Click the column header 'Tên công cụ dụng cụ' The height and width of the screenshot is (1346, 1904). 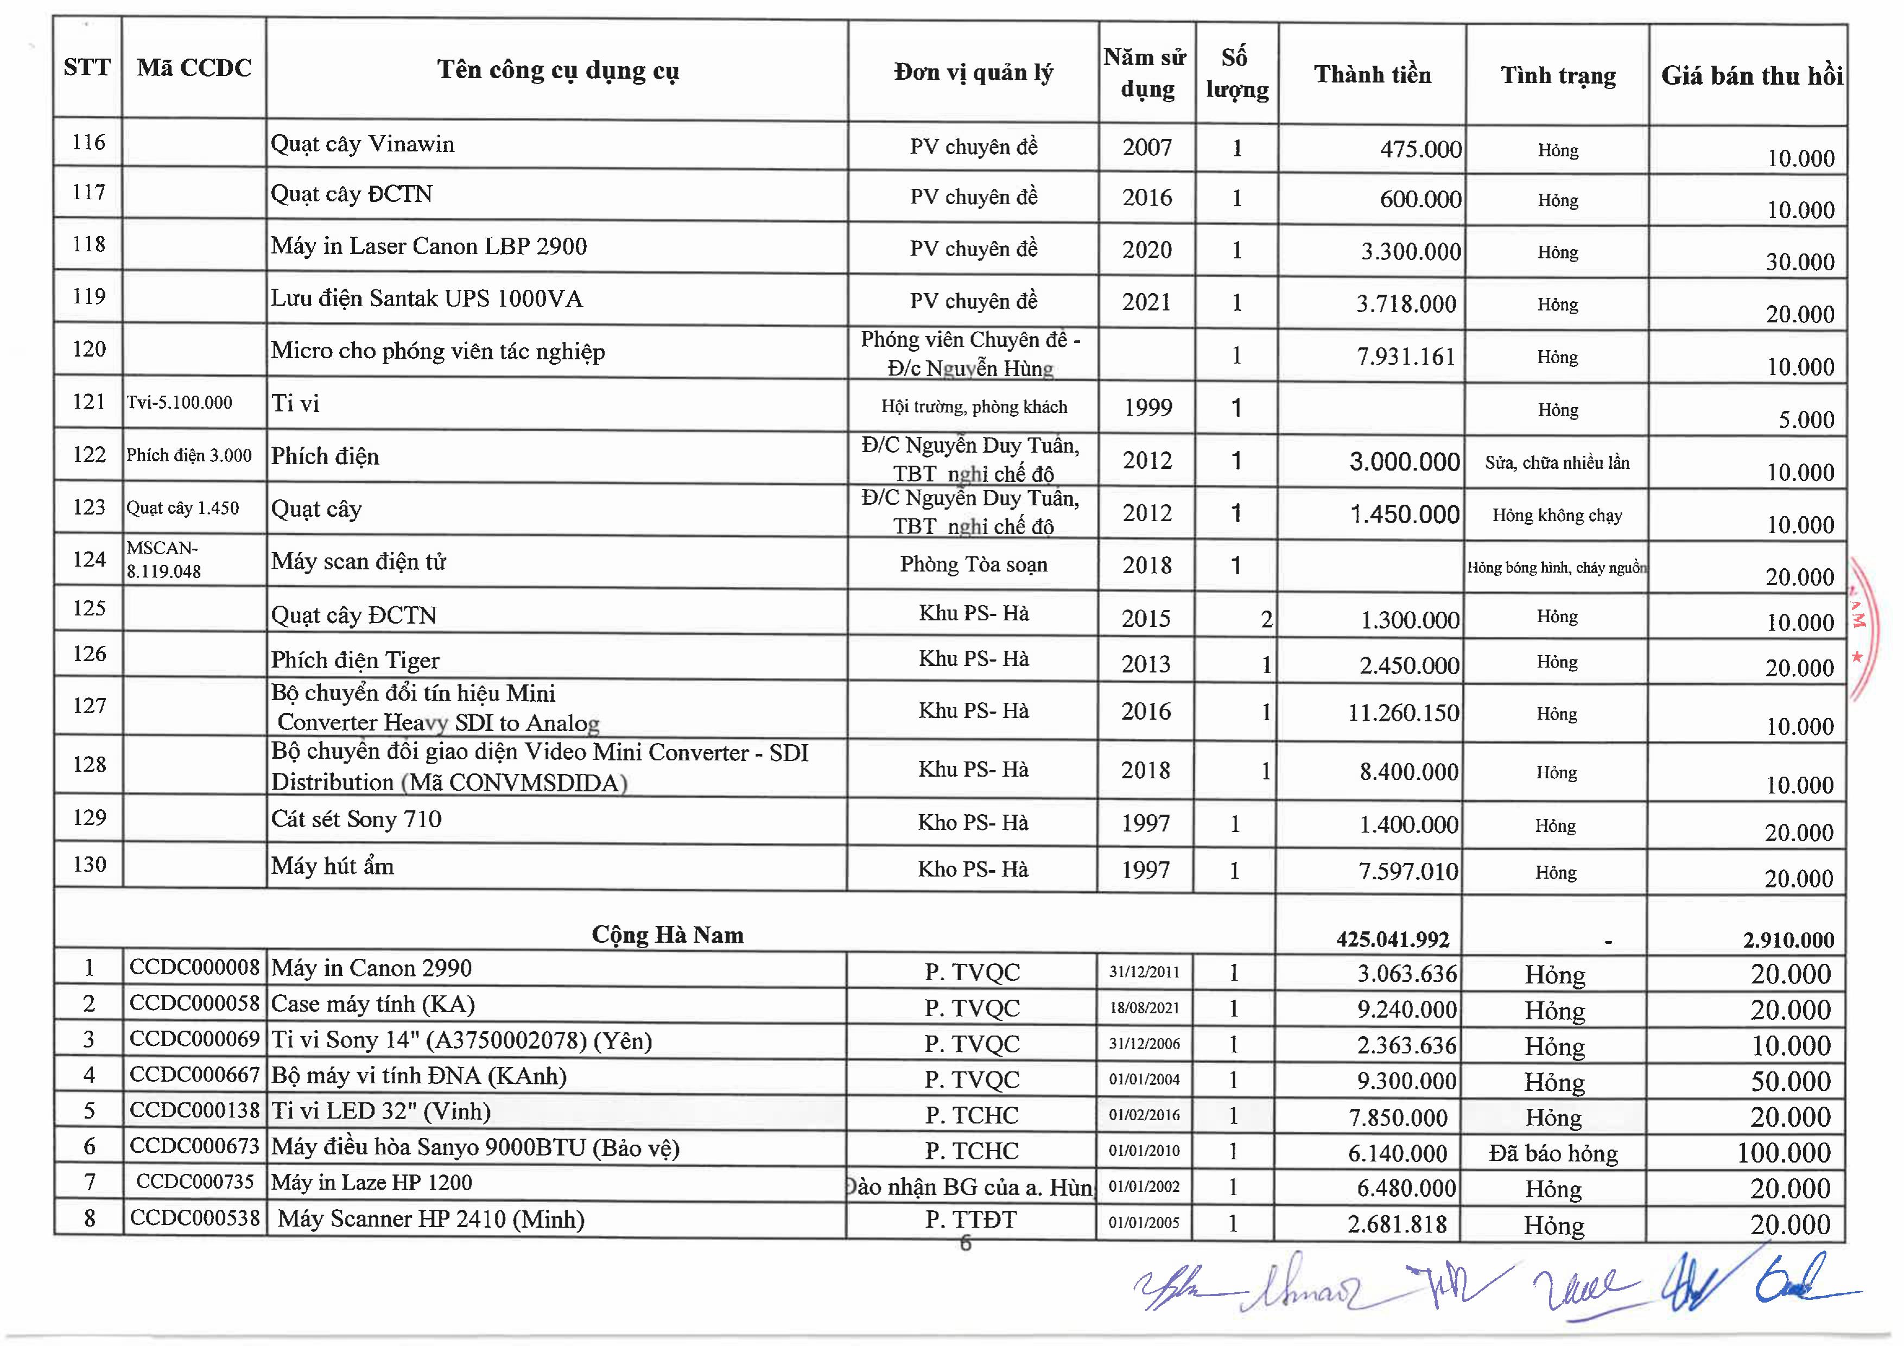[x=557, y=71]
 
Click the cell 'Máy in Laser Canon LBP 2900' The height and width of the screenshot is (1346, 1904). [x=429, y=246]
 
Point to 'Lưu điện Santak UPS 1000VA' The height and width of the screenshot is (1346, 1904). [x=426, y=299]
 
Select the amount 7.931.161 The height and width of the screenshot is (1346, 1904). [x=1406, y=357]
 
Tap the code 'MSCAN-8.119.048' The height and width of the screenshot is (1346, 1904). [x=163, y=560]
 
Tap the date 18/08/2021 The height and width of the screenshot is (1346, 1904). [x=1144, y=1008]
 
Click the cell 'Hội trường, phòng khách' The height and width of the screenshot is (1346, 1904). [x=974, y=407]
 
